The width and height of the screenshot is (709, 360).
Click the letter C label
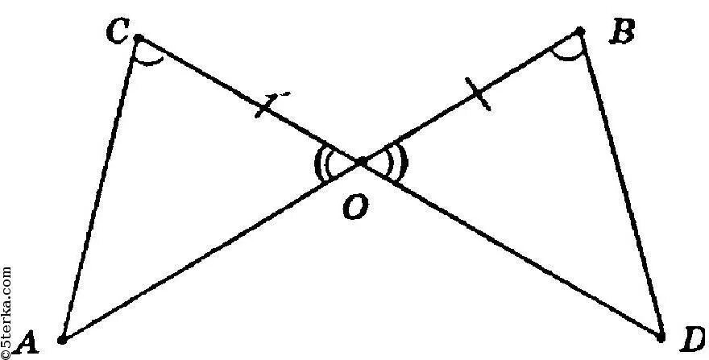click(x=118, y=32)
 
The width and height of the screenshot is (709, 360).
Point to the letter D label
click(x=691, y=342)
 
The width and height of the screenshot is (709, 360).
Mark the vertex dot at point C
click(x=138, y=37)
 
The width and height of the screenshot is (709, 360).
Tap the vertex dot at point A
click(x=61, y=338)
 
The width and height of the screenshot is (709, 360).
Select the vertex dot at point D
click(x=661, y=336)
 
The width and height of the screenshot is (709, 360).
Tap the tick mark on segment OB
click(x=479, y=96)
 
